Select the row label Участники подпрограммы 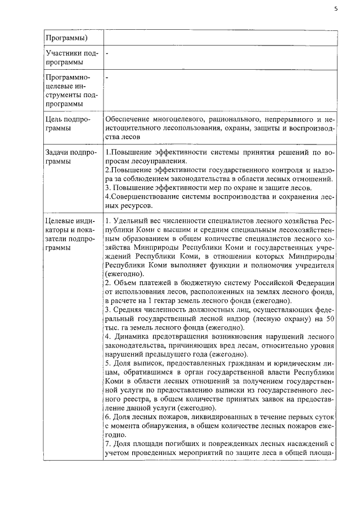[x=71, y=57]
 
